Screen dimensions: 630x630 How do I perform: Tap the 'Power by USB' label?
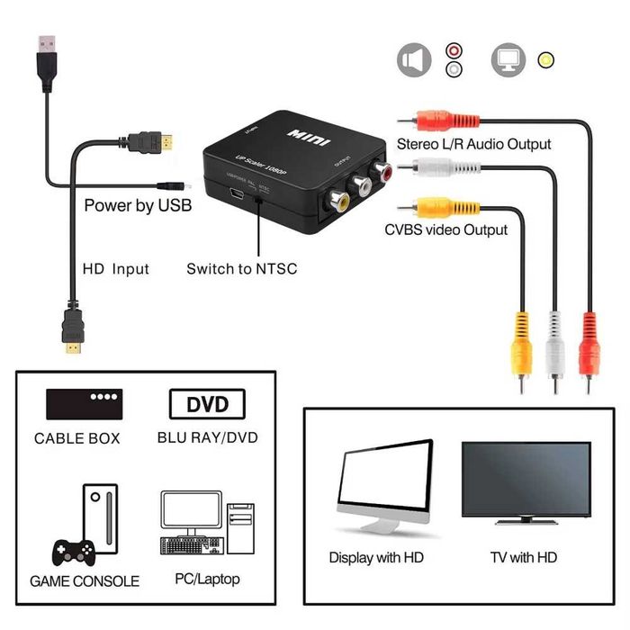138,205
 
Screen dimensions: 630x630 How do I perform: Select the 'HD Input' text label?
115,268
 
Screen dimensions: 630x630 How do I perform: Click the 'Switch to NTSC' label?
241,268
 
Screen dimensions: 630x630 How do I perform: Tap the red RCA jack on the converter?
385,168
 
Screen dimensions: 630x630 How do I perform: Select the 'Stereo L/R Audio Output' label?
474,144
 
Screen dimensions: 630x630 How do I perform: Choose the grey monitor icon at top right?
508,60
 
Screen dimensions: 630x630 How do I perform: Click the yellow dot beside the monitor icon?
545,60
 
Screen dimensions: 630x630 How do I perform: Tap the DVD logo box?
207,403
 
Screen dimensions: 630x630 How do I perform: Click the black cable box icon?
85,402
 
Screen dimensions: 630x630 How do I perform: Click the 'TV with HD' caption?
524,558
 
